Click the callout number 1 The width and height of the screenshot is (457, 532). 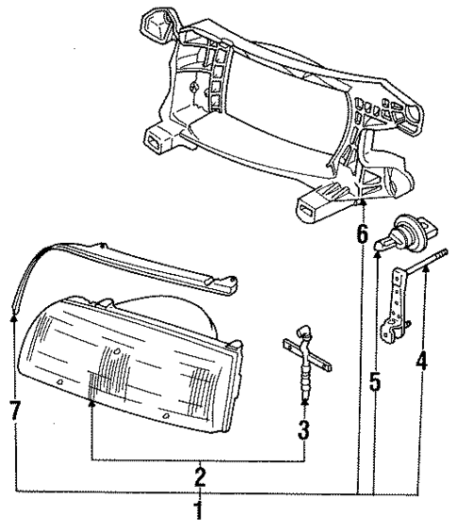[198, 513]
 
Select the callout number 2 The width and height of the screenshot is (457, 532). [200, 475]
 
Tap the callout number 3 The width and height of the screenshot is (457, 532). [303, 431]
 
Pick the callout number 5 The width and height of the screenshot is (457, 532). [374, 384]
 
